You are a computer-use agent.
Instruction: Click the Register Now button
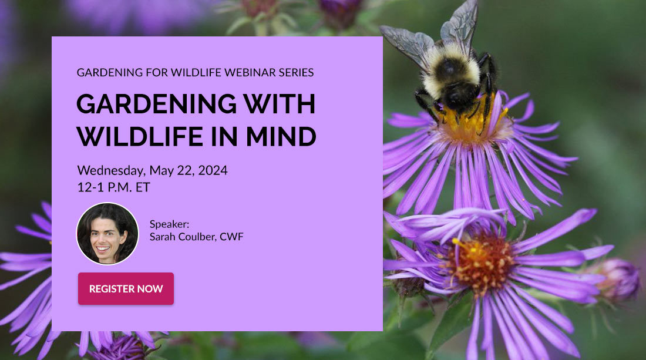pyautogui.click(x=126, y=289)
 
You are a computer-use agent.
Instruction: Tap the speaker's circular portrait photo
pyautogui.click(x=107, y=234)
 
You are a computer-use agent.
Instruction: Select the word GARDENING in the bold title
pyautogui.click(x=157, y=104)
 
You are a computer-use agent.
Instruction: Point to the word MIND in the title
pyautogui.click(x=281, y=137)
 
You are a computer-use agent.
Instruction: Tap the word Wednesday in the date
pyautogui.click(x=111, y=170)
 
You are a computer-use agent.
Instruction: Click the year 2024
pyautogui.click(x=213, y=170)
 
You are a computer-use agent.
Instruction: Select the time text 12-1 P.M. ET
pyautogui.click(x=114, y=187)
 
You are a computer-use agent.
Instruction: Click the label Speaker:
pyautogui.click(x=169, y=224)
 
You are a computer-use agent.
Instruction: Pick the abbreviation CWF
pyautogui.click(x=231, y=237)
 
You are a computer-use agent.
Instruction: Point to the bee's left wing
pyautogui.click(x=406, y=45)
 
